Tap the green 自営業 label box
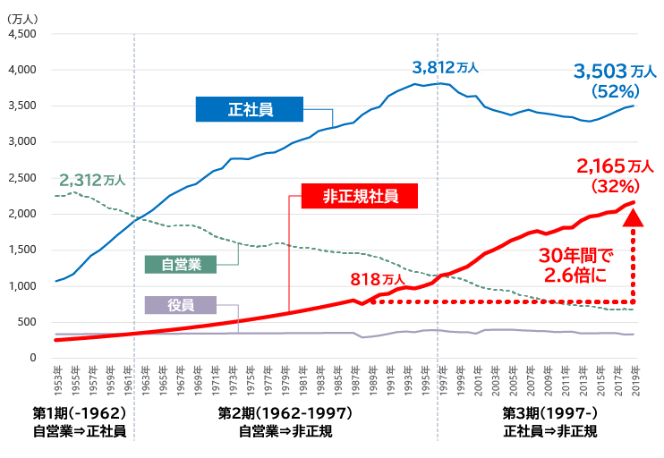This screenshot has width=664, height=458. pyautogui.click(x=180, y=265)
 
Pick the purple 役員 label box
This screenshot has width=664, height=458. pyautogui.click(x=180, y=305)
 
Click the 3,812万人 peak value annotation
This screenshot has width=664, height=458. pyautogui.click(x=445, y=67)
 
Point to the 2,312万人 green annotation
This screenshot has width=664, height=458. pyautogui.click(x=91, y=180)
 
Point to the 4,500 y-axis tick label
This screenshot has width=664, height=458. pyautogui.click(x=21, y=34)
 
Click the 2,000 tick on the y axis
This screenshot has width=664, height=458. pyautogui.click(x=21, y=214)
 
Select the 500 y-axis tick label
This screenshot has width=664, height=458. pyautogui.click(x=26, y=322)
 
